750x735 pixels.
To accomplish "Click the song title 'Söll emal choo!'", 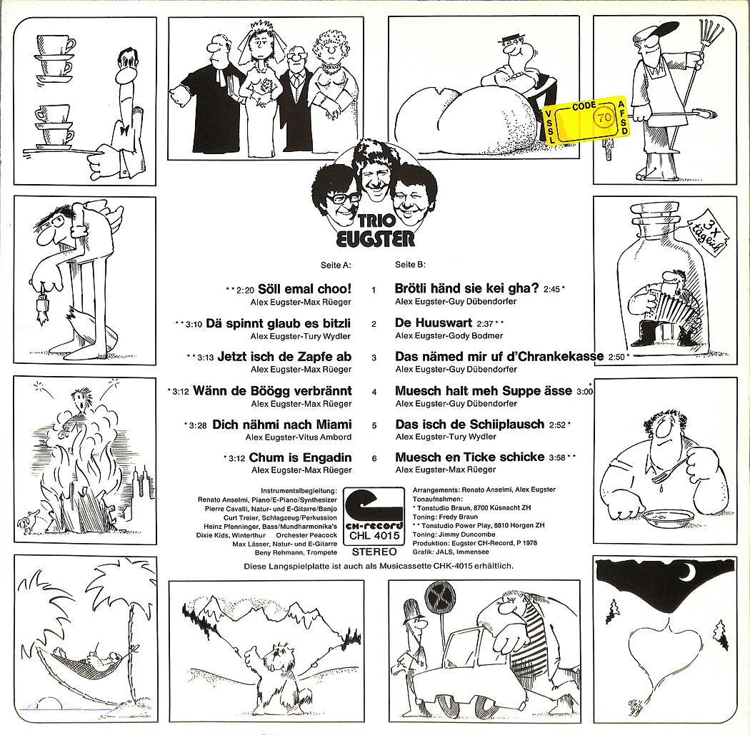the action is [305, 289].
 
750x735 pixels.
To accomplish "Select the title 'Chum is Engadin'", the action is [301, 457].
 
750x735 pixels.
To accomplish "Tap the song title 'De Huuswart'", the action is [434, 323].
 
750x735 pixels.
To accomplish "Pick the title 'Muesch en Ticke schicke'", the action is [470, 457].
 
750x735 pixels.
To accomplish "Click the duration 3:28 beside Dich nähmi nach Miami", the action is [198, 425].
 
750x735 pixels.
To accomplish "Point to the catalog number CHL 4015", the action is [374, 536].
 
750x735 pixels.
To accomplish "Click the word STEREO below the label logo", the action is [374, 552].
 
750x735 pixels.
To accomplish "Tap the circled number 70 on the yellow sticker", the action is [604, 117].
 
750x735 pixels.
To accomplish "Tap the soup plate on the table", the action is [668, 517].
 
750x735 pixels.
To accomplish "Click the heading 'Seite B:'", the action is [410, 264].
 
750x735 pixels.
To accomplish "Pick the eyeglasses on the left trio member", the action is [341, 198].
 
